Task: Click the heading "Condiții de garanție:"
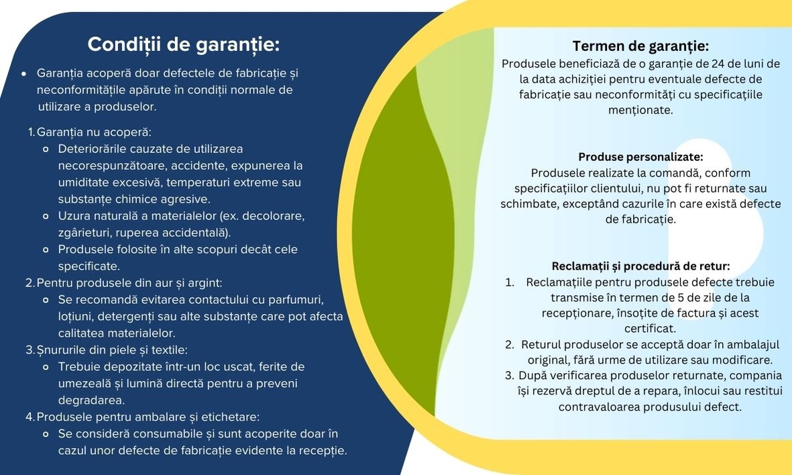(x=183, y=44)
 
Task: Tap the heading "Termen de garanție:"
(x=640, y=46)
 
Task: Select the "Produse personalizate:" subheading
(x=640, y=156)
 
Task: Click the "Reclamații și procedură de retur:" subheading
(x=640, y=266)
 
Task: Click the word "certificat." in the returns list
(x=650, y=329)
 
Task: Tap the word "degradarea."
(x=91, y=401)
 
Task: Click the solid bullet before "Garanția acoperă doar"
(x=23, y=74)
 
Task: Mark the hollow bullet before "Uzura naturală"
(x=46, y=216)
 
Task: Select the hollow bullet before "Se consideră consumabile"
(x=46, y=434)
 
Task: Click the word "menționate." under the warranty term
(x=640, y=110)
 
